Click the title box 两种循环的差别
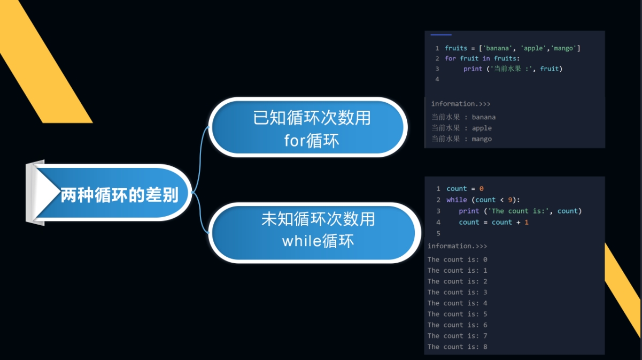point(109,193)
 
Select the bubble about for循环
point(308,127)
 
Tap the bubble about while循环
point(314,233)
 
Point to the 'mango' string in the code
point(563,48)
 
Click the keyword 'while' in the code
point(457,200)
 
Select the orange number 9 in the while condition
point(510,200)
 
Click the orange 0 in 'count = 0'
point(481,189)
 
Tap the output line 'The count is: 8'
point(457,347)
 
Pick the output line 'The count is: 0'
point(457,259)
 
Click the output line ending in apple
point(461,128)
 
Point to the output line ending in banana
point(463,117)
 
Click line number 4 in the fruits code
point(437,79)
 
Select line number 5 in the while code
point(438,234)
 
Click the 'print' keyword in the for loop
point(473,69)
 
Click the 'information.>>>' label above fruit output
point(461,104)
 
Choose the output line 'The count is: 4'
point(457,303)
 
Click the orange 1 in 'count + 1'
point(527,223)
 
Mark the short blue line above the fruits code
point(441,35)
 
